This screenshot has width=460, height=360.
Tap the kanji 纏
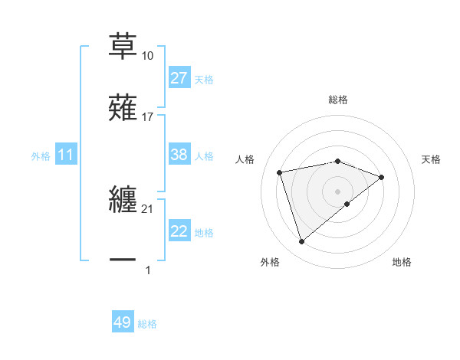click(123, 200)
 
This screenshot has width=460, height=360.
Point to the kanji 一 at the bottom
click(123, 260)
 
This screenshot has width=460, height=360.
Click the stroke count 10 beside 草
click(147, 56)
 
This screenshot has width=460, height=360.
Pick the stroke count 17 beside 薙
click(147, 116)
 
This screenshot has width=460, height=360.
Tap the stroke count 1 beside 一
click(147, 270)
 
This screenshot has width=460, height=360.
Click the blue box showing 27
click(179, 78)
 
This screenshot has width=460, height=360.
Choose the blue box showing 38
click(179, 155)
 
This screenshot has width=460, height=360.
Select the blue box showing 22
click(179, 232)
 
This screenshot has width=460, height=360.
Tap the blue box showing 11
click(66, 155)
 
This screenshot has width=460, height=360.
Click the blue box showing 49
click(123, 323)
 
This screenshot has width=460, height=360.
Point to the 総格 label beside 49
click(147, 324)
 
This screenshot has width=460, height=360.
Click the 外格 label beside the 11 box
click(41, 156)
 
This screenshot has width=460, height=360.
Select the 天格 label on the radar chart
click(432, 159)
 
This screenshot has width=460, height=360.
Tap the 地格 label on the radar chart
click(402, 263)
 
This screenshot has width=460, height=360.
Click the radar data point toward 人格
click(280, 172)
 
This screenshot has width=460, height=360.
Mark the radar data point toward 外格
click(301, 242)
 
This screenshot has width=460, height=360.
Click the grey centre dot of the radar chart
click(338, 191)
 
